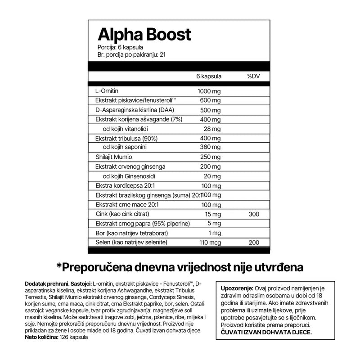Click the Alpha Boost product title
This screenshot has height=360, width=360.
(x=144, y=35)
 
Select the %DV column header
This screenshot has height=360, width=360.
(x=254, y=76)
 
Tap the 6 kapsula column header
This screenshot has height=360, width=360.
(x=209, y=76)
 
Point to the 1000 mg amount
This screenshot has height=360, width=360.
(x=209, y=91)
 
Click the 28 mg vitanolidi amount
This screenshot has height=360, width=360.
(x=212, y=129)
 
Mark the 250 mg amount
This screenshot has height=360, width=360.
(x=211, y=157)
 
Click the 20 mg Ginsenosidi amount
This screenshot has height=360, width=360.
(x=212, y=176)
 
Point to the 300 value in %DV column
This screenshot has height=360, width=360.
(x=254, y=214)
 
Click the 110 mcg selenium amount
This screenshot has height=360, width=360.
(x=209, y=242)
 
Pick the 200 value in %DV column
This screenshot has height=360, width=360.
(x=254, y=242)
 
